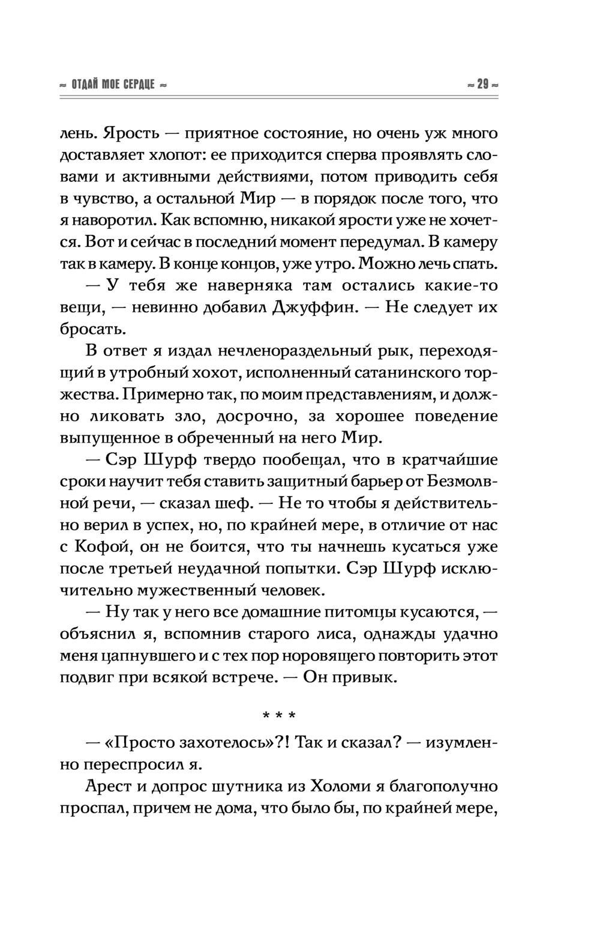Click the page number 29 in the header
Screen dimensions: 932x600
[483, 85]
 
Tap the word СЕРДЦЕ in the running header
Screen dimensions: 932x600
[139, 85]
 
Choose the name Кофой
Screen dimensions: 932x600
[100, 546]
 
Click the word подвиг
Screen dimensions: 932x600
[88, 677]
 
